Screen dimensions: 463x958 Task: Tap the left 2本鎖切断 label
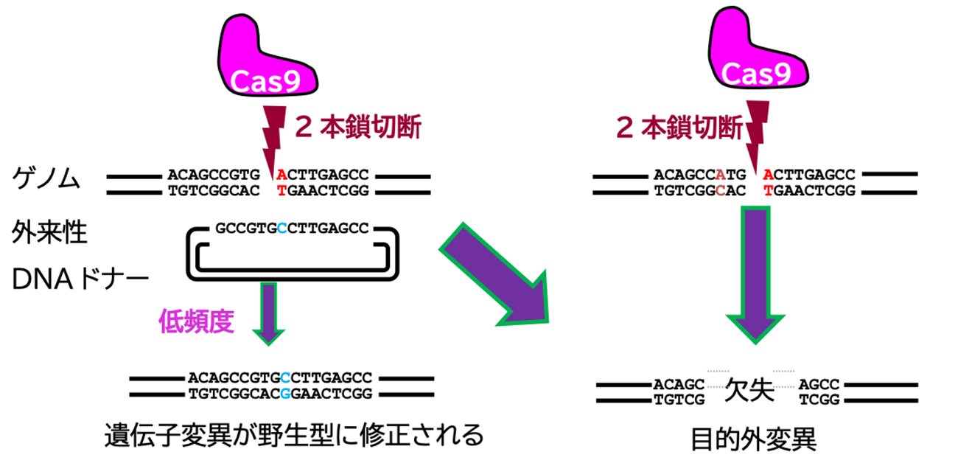coord(357,128)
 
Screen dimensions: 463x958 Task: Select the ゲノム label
coord(46,179)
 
